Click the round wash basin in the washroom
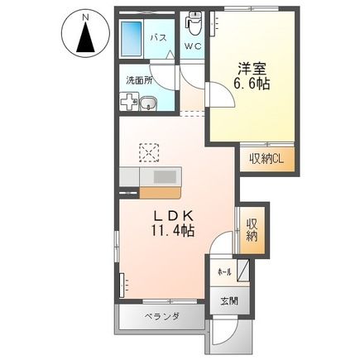(x=148, y=103)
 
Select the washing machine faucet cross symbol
(x=128, y=103)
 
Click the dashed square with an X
(x=149, y=153)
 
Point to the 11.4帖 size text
(x=172, y=233)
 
